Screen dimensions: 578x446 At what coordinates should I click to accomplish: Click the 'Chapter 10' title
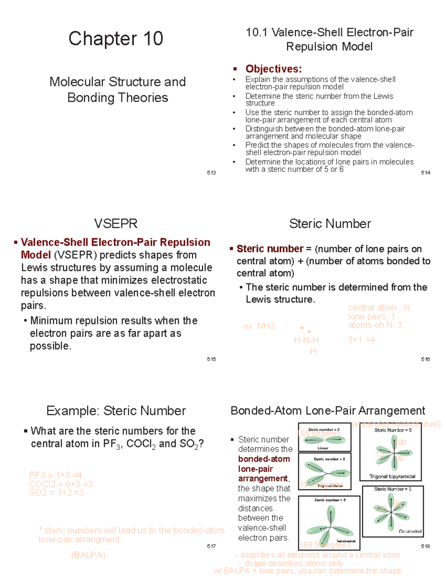coord(116,39)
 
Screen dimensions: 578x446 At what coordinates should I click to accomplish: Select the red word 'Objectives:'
coord(273,69)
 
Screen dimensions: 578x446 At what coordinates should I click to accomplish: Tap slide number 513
coord(211,173)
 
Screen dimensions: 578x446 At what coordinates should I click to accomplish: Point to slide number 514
coord(426,173)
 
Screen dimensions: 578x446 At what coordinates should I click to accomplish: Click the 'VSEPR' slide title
coord(116,224)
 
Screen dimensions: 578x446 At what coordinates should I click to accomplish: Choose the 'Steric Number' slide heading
coord(330,224)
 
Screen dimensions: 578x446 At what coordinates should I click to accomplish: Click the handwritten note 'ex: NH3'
coord(259,326)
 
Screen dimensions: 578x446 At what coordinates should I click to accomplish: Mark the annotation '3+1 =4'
coord(361,339)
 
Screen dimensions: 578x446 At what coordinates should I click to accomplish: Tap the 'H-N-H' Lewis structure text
coord(306,340)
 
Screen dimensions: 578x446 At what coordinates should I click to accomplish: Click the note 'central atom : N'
coord(379,308)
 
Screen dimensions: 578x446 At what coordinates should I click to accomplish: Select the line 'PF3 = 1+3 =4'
coord(55,475)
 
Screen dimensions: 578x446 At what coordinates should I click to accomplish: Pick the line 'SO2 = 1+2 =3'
coord(56,492)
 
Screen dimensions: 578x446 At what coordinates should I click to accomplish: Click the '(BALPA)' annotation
coord(88,555)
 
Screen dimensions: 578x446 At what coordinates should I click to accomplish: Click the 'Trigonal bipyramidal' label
coord(392,476)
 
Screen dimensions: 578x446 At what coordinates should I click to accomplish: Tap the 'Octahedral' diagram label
coord(410,531)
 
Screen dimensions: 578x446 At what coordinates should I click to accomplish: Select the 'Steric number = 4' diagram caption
coord(330,500)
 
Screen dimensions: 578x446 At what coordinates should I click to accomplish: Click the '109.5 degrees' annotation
coord(325,545)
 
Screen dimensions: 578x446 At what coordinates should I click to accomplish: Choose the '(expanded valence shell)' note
coord(396,424)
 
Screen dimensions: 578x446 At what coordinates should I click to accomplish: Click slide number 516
coord(426,359)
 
